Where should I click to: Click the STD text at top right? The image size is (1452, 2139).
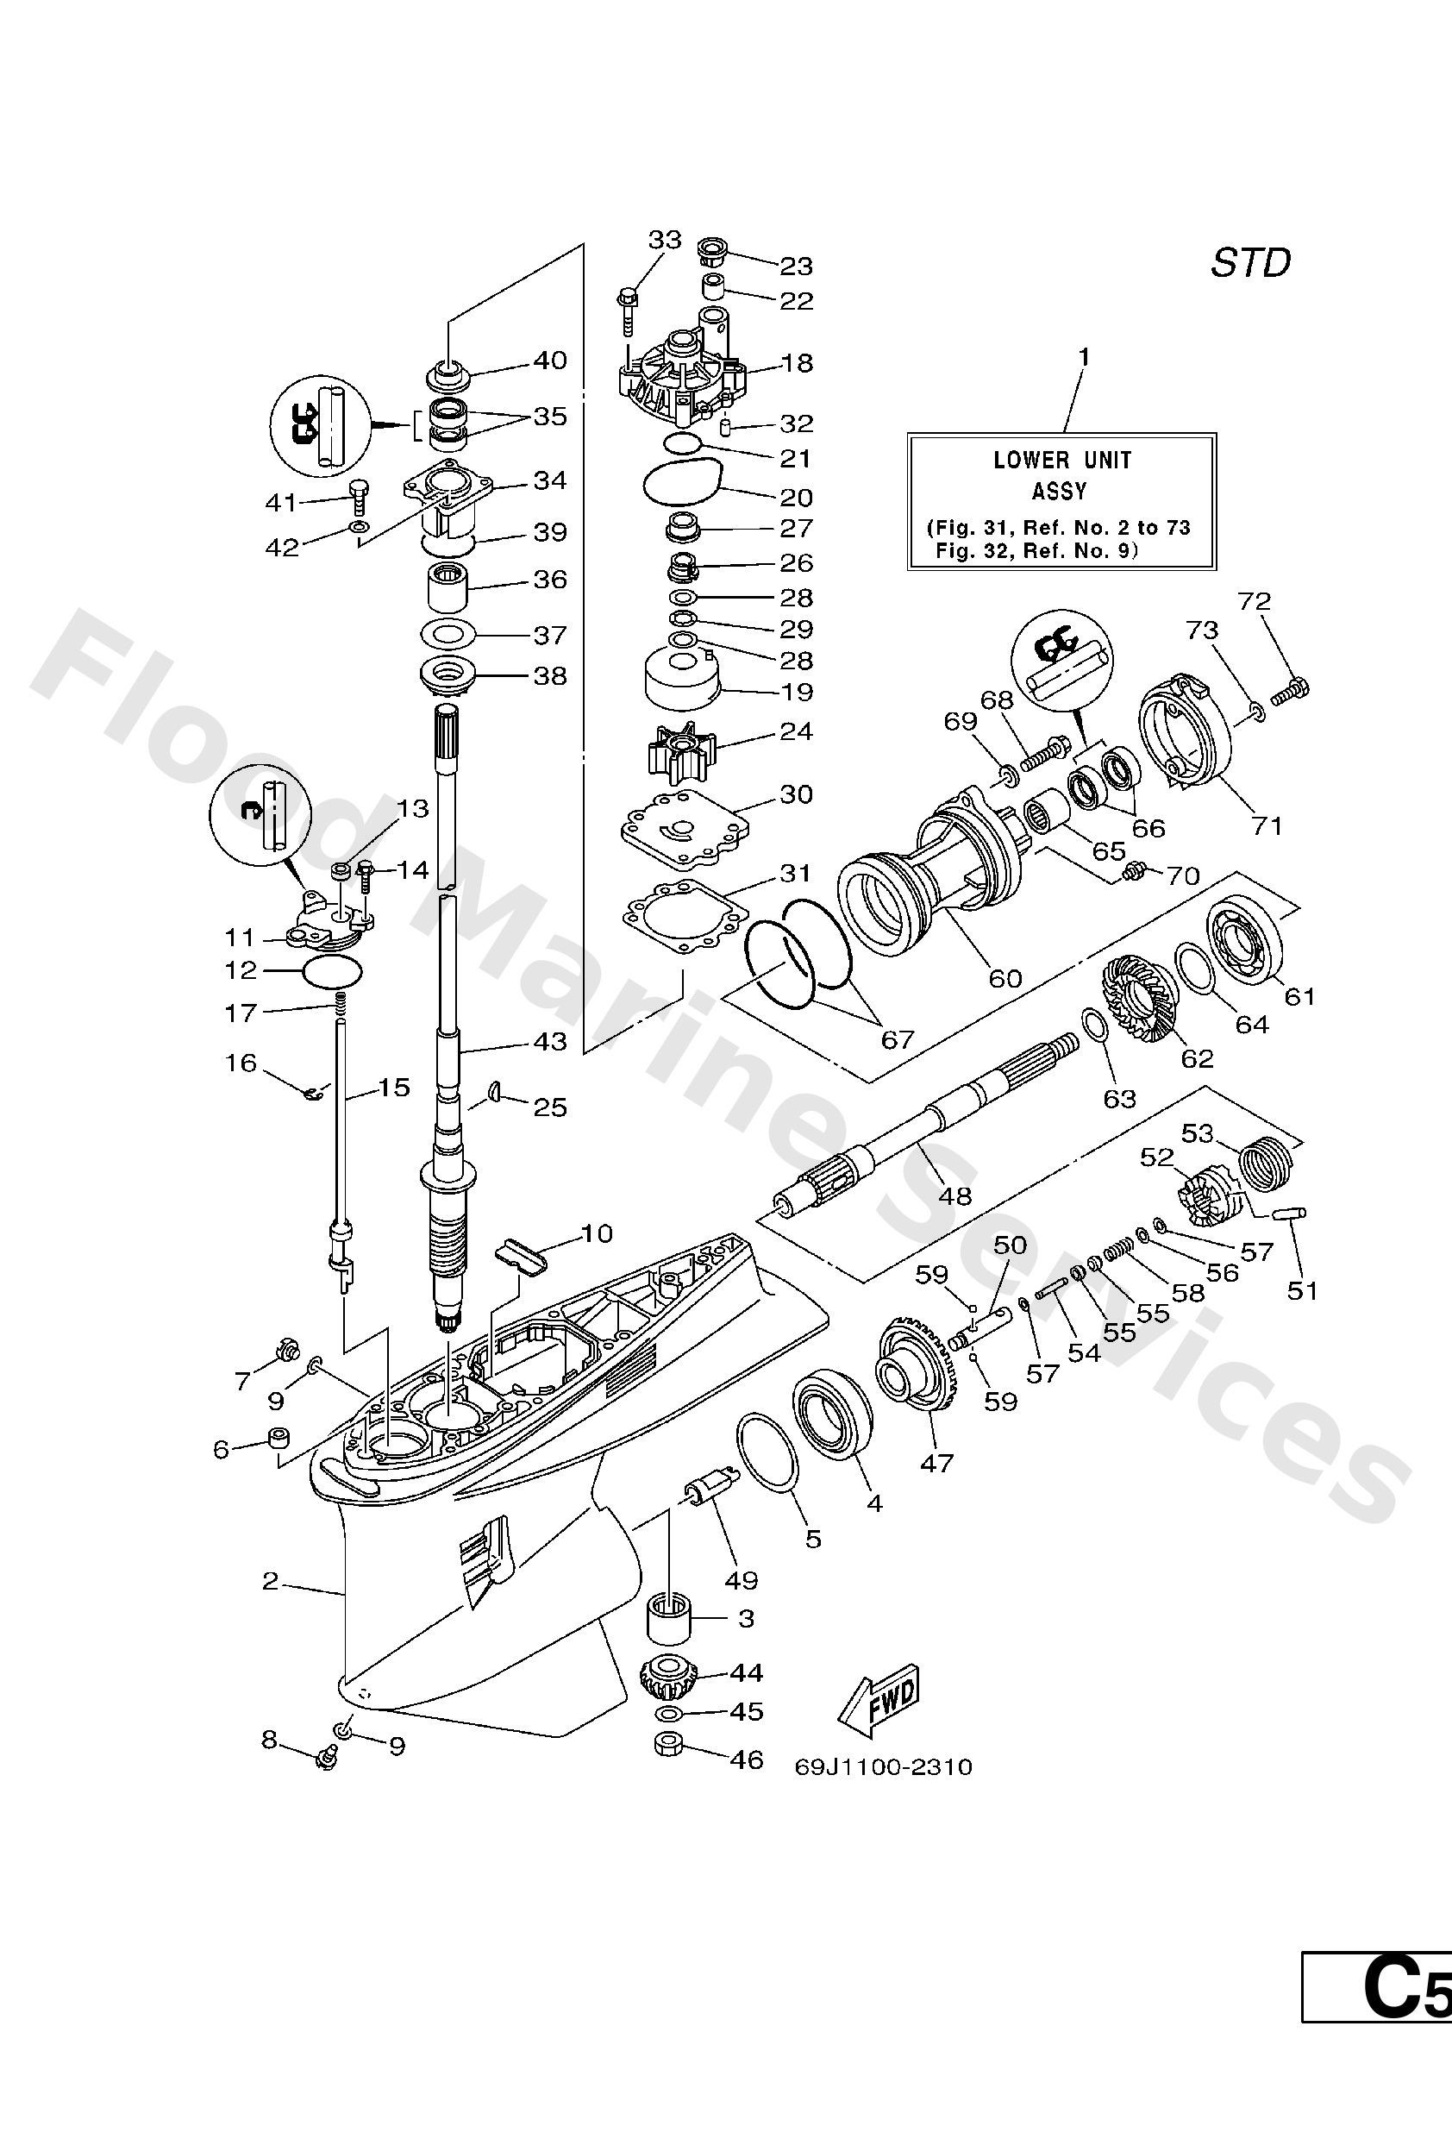(x=1249, y=263)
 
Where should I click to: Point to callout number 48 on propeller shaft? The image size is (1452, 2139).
(x=955, y=1195)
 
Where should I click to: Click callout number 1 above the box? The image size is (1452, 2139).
(x=1084, y=356)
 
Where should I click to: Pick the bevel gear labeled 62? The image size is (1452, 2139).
(x=1138, y=998)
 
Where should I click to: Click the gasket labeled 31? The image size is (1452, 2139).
(x=682, y=919)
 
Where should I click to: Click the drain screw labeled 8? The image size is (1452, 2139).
(x=324, y=1759)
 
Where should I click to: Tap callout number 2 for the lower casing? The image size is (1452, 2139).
(x=270, y=1581)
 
